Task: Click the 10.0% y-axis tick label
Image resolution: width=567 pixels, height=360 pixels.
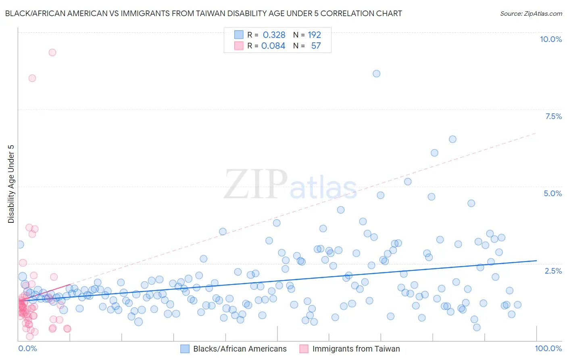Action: click(x=550, y=39)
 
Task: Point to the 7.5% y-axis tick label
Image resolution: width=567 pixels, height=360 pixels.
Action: click(x=553, y=116)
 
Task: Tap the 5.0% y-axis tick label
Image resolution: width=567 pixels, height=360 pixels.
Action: click(x=552, y=193)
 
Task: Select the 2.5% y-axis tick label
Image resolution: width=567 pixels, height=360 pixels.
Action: click(x=553, y=271)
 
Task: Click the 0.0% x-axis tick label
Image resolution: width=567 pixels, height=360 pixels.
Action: click(x=27, y=348)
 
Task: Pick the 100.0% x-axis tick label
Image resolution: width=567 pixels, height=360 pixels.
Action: click(x=548, y=348)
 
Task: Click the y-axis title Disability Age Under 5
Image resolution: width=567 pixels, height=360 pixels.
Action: click(x=11, y=184)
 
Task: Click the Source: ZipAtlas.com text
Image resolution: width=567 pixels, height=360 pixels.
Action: click(x=531, y=13)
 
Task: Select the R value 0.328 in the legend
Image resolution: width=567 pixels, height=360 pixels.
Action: click(x=274, y=35)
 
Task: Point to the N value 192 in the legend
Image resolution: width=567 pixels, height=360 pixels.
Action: click(x=314, y=35)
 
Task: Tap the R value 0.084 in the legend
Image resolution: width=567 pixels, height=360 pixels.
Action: click(x=273, y=46)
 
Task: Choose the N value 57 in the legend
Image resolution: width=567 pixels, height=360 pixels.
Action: click(x=316, y=46)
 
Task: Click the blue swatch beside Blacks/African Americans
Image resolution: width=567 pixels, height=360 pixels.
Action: click(x=185, y=349)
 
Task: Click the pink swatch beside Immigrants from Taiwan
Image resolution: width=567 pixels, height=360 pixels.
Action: click(x=304, y=349)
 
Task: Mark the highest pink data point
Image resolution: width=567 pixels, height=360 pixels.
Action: click(x=52, y=52)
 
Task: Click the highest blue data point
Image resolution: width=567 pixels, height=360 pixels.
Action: click(x=376, y=73)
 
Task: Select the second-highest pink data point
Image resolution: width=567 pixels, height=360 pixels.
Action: click(x=32, y=78)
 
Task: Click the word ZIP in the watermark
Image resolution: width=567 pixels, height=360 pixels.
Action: click(x=256, y=184)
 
